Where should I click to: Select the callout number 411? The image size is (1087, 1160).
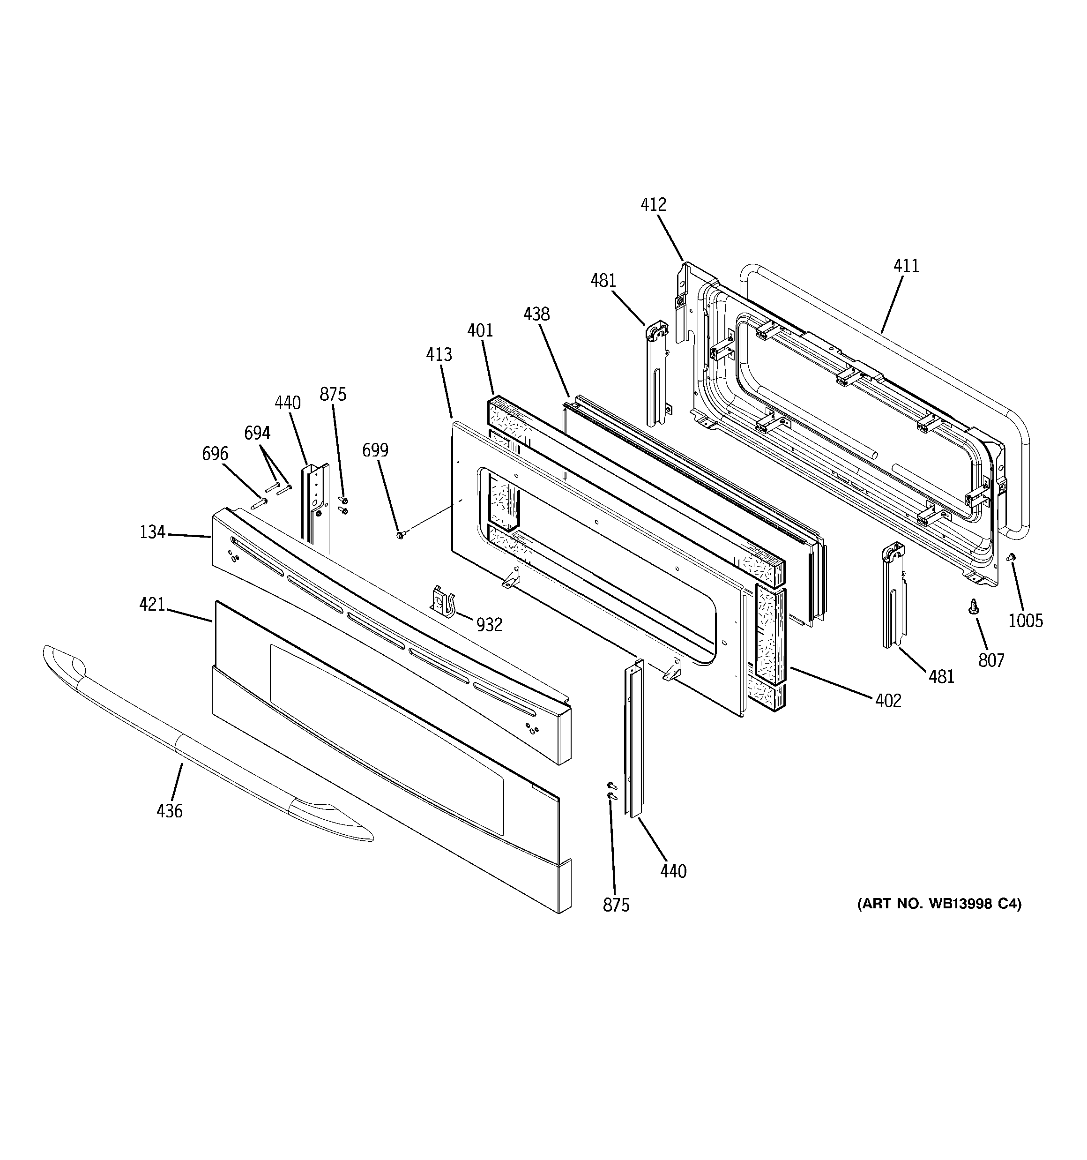[x=906, y=266]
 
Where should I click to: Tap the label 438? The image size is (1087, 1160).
[x=536, y=314]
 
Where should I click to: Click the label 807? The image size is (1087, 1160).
[x=991, y=660]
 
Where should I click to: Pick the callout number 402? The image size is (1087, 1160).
[x=888, y=700]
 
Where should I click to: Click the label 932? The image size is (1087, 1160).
[x=489, y=625]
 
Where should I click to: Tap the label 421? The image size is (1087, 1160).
[x=152, y=605]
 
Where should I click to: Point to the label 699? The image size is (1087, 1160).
[x=375, y=450]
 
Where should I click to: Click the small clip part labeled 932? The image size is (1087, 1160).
[x=443, y=600]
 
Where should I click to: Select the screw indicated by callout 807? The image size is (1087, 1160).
[x=973, y=607]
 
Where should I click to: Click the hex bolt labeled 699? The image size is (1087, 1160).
[x=400, y=534]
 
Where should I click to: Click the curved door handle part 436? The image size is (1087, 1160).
[x=193, y=747]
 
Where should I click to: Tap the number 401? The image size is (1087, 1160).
[x=480, y=331]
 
